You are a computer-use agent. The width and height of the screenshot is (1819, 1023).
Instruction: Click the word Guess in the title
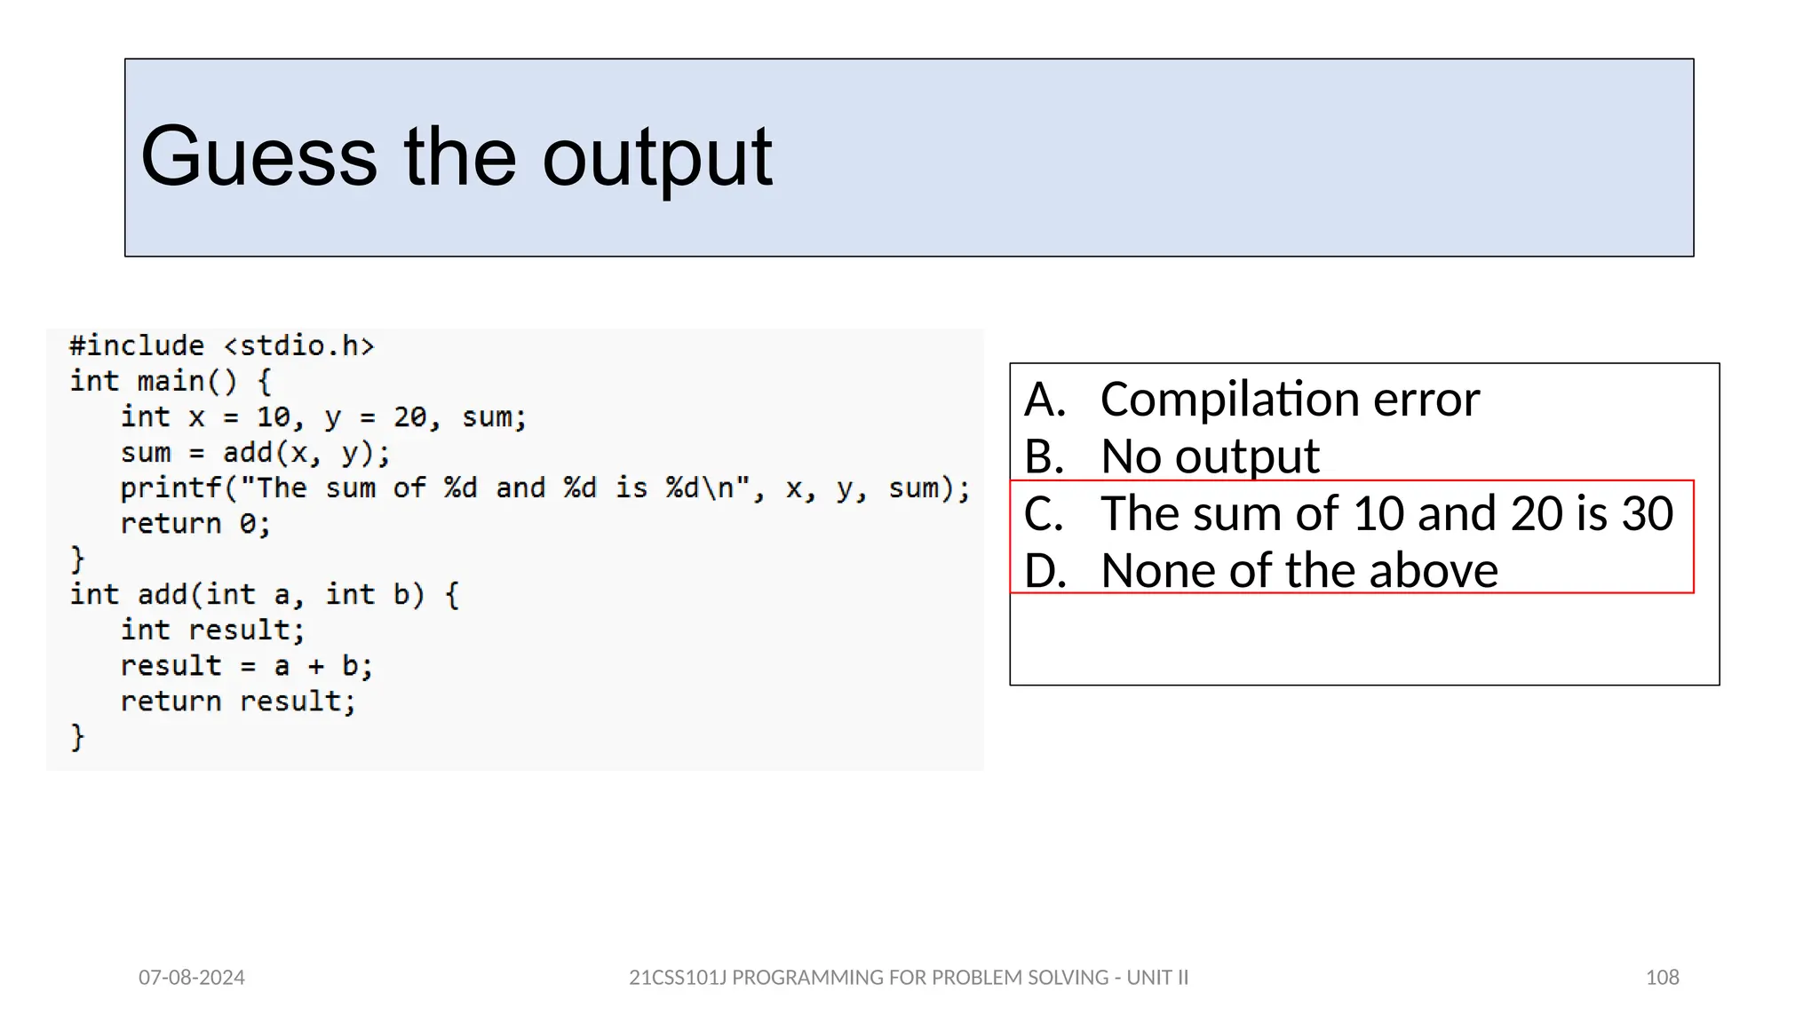[x=258, y=157]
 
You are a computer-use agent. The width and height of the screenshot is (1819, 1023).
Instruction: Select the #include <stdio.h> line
[x=222, y=345]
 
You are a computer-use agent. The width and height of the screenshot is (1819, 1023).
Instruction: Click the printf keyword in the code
[x=171, y=488]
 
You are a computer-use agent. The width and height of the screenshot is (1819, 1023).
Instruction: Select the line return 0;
[x=195, y=524]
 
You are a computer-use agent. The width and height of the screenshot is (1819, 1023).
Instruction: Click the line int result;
[x=212, y=630]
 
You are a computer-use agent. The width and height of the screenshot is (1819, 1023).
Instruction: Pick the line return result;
[x=238, y=702]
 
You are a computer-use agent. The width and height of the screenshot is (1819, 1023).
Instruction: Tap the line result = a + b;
[x=246, y=666]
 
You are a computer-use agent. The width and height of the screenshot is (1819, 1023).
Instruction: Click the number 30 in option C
[x=1648, y=513]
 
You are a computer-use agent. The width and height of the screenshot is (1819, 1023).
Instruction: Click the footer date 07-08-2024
[x=192, y=978]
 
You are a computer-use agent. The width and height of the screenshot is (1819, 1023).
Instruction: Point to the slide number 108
[x=1662, y=978]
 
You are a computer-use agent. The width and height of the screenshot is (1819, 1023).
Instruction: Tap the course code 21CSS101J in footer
[x=678, y=978]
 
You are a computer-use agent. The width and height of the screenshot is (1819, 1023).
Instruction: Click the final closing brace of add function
[x=77, y=737]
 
